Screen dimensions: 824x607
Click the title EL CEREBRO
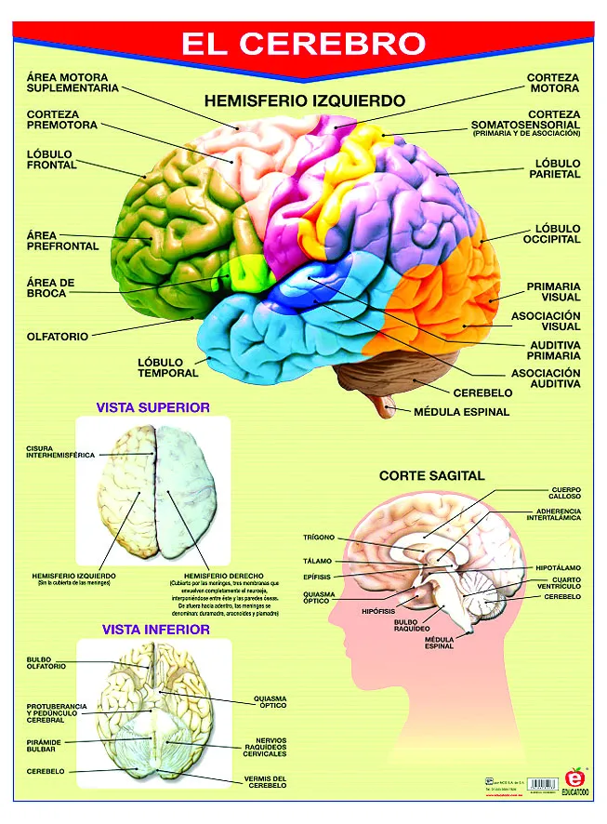[x=303, y=43]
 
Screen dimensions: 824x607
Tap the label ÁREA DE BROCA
[x=51, y=287]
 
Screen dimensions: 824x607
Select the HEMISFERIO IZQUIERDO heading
[x=304, y=100]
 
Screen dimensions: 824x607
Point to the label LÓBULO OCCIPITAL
[x=557, y=233]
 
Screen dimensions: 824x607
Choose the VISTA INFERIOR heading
[x=155, y=630]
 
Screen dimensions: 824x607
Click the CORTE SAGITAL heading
[x=431, y=475]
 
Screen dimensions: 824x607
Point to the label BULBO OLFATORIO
[x=46, y=663]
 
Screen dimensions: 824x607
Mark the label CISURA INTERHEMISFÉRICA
[x=60, y=452]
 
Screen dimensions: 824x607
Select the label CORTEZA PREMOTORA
[x=61, y=121]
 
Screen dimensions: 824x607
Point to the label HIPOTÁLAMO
[x=558, y=567]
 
